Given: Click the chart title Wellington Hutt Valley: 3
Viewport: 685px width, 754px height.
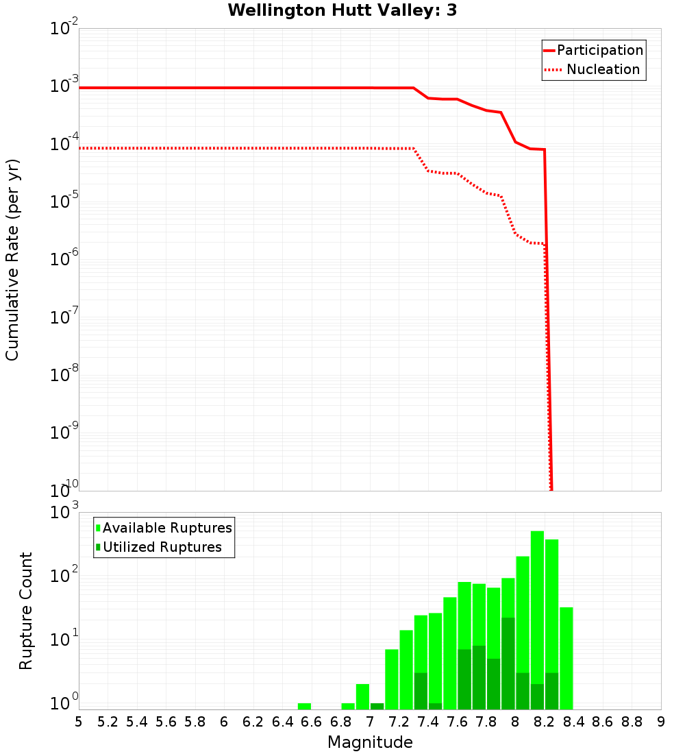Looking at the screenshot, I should click(x=342, y=10).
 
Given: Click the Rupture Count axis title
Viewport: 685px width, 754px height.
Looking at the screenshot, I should click(x=26, y=611).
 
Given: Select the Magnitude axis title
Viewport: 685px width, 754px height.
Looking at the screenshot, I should click(x=370, y=742).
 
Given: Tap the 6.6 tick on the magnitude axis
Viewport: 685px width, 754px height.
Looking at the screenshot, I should click(x=311, y=722).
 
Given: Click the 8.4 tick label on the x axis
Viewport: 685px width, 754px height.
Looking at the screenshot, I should click(x=573, y=722).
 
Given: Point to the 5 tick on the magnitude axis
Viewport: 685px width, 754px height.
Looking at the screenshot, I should click(x=79, y=722).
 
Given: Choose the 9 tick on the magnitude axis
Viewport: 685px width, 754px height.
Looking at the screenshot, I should click(x=661, y=722).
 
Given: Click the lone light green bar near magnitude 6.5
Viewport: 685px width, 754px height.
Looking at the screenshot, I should click(x=304, y=706).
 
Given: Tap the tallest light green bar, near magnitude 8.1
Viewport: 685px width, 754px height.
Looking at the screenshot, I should click(x=537, y=617).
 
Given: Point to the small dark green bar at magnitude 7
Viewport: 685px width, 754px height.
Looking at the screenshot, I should click(x=377, y=706).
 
